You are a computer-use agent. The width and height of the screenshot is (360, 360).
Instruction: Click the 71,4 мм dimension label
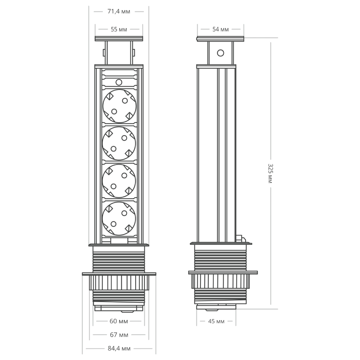click(119, 12)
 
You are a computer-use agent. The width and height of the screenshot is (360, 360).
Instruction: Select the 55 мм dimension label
click(119, 30)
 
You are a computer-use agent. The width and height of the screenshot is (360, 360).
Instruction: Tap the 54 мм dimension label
click(221, 30)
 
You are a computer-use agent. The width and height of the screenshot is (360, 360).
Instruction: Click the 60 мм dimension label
click(119, 321)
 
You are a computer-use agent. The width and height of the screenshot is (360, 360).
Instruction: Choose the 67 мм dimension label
click(119, 335)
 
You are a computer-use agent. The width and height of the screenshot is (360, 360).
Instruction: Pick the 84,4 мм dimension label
click(119, 348)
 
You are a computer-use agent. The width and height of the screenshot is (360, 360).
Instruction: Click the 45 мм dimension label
click(216, 321)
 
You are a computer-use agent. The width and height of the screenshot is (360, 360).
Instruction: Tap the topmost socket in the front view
click(119, 105)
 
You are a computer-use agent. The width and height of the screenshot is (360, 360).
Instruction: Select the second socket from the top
click(119, 143)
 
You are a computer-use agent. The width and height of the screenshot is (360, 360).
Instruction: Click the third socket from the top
click(119, 181)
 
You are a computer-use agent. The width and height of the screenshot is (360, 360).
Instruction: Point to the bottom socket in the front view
click(119, 218)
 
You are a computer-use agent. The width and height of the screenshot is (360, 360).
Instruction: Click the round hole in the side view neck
click(220, 53)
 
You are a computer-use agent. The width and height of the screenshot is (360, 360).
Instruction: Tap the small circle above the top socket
click(119, 82)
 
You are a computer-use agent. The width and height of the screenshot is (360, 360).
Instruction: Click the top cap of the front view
click(119, 39)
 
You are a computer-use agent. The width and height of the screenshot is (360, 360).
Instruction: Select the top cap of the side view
click(220, 39)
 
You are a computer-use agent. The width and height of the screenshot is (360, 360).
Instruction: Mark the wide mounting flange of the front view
click(119, 274)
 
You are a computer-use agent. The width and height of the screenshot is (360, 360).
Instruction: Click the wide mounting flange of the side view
click(223, 273)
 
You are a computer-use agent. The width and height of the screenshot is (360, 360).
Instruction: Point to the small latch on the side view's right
click(239, 238)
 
